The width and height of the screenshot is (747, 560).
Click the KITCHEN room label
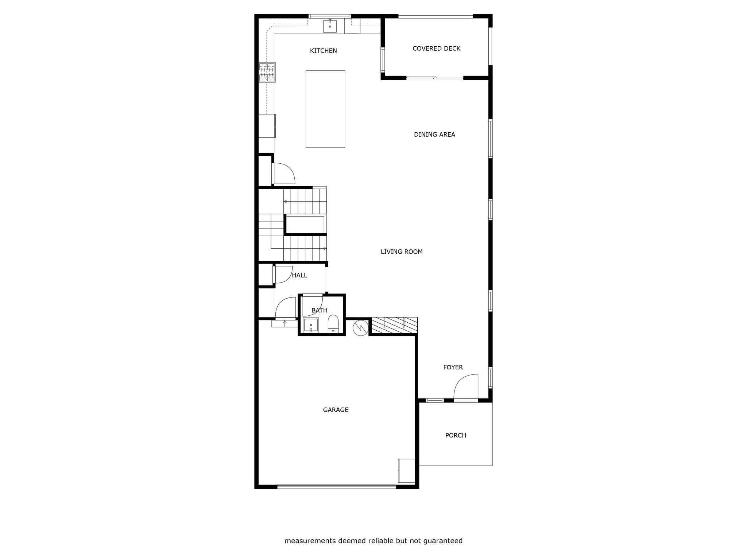[323, 51]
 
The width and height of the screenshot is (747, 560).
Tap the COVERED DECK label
[436, 48]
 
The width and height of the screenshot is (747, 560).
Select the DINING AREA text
[434, 135]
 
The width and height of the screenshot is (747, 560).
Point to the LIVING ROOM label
[402, 252]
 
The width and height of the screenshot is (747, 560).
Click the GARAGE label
[336, 410]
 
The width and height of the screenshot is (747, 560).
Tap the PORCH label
[456, 435]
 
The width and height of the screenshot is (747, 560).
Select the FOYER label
[453, 367]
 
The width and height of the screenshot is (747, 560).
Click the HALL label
[299, 275]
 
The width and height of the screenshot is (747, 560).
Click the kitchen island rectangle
[325, 109]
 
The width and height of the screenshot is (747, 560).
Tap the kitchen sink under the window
[330, 26]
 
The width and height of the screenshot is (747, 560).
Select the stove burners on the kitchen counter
[267, 72]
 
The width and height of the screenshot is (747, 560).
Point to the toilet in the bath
[333, 324]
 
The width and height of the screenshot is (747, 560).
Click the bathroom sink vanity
[311, 325]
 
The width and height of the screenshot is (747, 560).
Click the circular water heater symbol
[360, 328]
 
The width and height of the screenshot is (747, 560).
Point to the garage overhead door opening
[336, 486]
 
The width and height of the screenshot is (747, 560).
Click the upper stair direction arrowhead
[285, 201]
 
